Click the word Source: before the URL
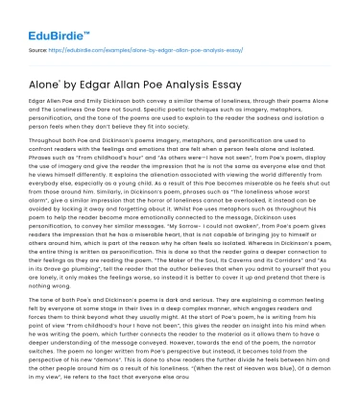point(38,48)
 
